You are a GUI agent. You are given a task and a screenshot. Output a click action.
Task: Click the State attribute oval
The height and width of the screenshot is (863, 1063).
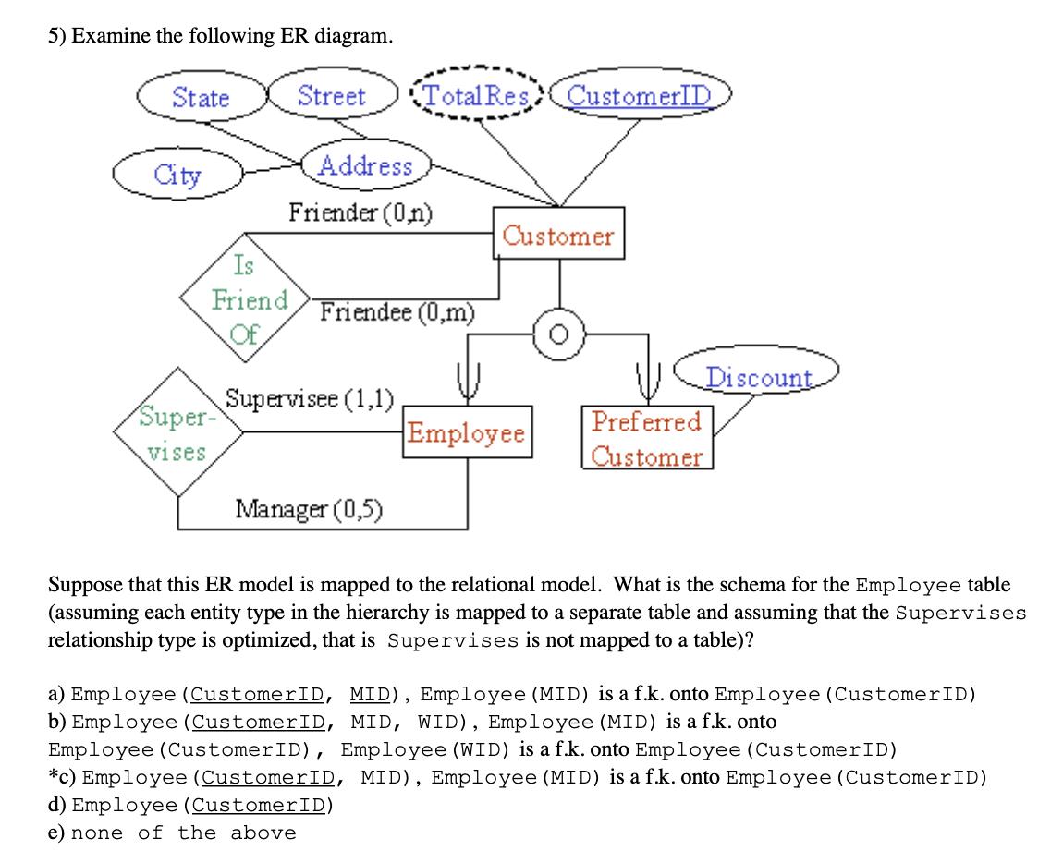tap(201, 97)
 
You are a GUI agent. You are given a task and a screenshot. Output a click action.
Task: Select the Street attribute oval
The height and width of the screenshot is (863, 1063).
tap(332, 96)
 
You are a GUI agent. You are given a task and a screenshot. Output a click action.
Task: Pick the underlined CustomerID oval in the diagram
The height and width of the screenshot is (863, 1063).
tap(640, 96)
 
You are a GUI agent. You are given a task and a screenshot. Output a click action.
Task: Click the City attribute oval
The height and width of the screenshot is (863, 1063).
tap(177, 174)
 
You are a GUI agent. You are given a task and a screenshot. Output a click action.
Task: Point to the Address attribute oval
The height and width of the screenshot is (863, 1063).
tap(366, 166)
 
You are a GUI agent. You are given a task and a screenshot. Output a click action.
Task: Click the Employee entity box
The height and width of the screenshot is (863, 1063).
tap(467, 432)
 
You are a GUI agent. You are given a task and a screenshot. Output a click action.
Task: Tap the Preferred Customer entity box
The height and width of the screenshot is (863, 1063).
tap(647, 438)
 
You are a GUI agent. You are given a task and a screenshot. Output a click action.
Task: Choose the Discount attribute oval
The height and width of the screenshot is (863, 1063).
tap(758, 377)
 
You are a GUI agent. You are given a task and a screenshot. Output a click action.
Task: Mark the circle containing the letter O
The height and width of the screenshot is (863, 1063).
tap(558, 334)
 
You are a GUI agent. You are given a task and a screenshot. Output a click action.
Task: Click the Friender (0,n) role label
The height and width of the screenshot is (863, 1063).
tap(360, 213)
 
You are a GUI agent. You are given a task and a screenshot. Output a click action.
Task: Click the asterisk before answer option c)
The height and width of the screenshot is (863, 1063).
tap(54, 777)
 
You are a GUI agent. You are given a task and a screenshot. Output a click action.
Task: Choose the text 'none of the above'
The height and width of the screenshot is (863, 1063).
tap(184, 833)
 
